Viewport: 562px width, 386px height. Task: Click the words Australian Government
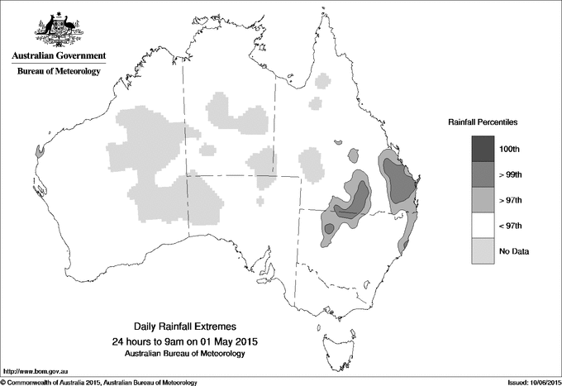pos(59,56)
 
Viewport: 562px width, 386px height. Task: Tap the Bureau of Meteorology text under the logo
pos(59,72)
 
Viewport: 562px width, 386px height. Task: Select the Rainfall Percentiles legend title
pos(483,122)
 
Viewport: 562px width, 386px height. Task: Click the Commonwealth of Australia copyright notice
pos(99,381)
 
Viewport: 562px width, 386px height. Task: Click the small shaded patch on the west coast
pos(40,151)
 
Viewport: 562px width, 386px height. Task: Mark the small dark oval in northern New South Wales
pos(329,227)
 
